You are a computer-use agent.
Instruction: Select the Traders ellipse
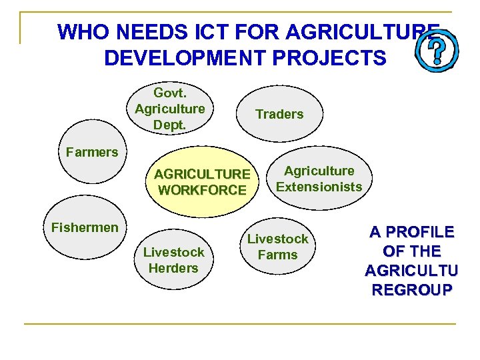pyautogui.click(x=279, y=114)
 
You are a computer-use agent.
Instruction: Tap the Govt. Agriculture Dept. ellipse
pyautogui.click(x=169, y=108)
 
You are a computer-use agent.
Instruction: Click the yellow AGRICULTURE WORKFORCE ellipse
pyautogui.click(x=202, y=182)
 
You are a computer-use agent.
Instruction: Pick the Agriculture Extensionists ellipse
pyautogui.click(x=319, y=179)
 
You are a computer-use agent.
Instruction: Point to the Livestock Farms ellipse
pyautogui.click(x=278, y=247)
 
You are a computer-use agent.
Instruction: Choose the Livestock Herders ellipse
pyautogui.click(x=173, y=260)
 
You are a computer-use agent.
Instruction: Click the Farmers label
pyautogui.click(x=92, y=152)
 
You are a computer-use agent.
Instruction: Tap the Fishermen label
pyautogui.click(x=85, y=227)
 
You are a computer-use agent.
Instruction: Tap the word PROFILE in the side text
pyautogui.click(x=412, y=233)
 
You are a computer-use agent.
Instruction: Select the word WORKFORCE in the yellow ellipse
pyautogui.click(x=202, y=190)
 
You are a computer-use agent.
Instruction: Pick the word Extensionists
pyautogui.click(x=319, y=187)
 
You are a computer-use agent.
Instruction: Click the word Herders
pyautogui.click(x=173, y=268)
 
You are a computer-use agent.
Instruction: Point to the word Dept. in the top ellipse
pyautogui.click(x=169, y=124)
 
